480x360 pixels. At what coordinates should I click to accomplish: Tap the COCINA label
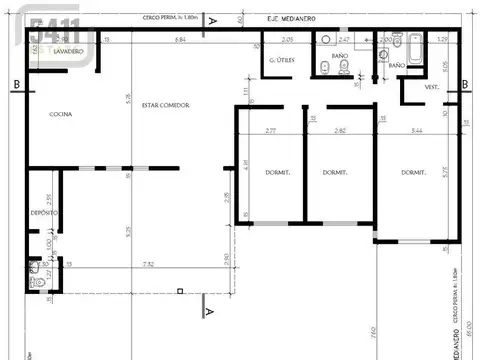[61, 114]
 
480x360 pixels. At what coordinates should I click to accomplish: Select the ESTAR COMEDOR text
[165, 105]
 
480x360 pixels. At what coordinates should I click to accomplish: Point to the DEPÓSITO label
[43, 214]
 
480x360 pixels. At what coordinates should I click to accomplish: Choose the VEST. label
[434, 87]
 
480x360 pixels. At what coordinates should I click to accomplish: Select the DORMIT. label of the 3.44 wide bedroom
[415, 172]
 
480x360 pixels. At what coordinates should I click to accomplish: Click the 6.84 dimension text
[180, 39]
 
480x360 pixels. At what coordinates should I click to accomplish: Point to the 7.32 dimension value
[148, 264]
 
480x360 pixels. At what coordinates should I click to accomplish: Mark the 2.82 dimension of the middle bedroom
[340, 131]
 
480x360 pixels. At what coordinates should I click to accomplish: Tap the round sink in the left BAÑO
[326, 40]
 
